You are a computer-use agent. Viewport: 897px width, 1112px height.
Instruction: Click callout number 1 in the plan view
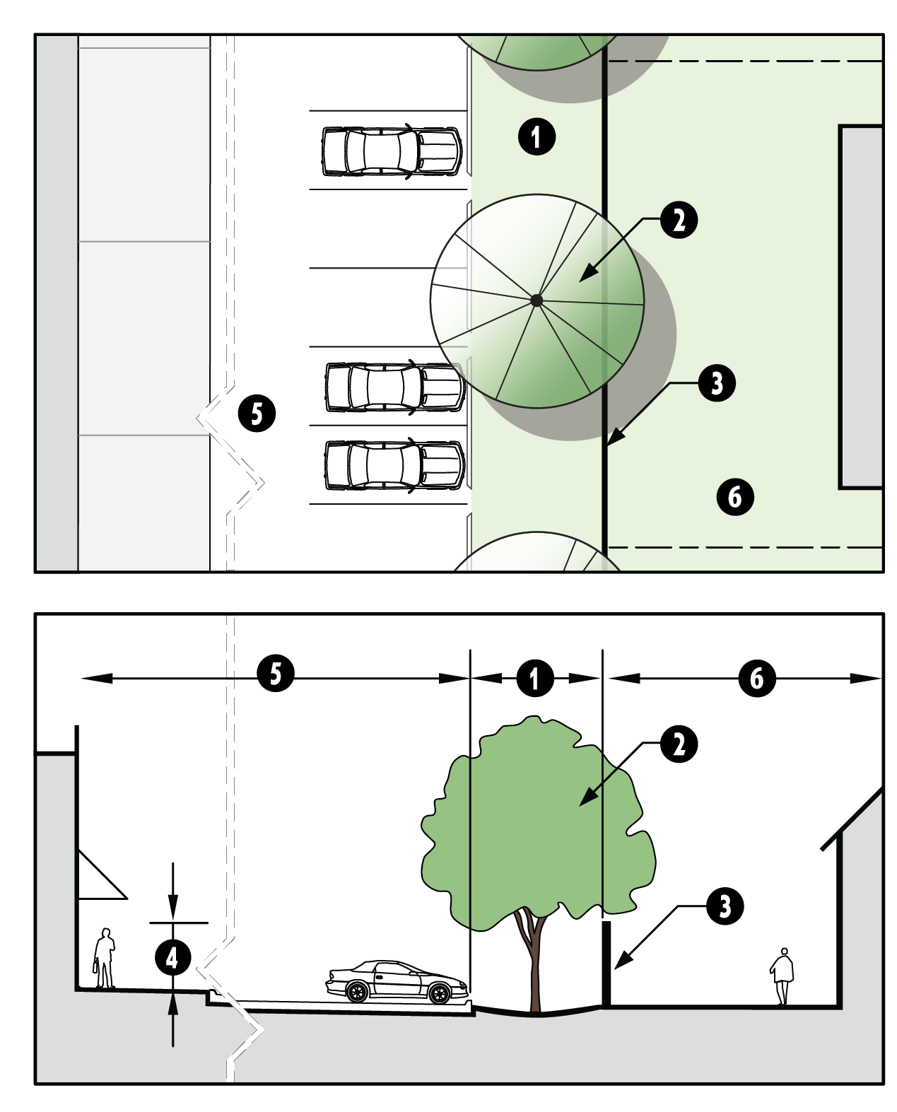[x=537, y=137]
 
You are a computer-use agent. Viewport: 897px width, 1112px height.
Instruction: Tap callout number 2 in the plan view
[x=679, y=220]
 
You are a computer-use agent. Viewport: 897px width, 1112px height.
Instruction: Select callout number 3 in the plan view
[x=717, y=383]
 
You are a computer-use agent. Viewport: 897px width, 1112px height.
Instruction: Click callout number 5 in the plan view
[x=257, y=414]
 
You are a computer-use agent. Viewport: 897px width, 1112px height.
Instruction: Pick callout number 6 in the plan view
[x=735, y=497]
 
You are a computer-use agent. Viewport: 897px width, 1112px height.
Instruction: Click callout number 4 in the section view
[x=173, y=957]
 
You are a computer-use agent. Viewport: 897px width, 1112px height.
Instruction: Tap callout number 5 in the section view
[x=276, y=674]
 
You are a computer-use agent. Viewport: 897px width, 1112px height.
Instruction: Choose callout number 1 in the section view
[x=535, y=679]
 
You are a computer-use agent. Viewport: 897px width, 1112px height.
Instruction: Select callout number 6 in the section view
[x=757, y=678]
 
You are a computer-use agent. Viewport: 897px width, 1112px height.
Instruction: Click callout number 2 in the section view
[x=679, y=744]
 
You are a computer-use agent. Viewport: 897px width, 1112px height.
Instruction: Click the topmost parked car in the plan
[x=391, y=151]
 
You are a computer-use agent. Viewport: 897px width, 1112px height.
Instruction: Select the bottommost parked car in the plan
[x=394, y=465]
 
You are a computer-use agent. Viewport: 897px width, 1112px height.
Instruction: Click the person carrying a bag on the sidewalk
[x=105, y=959]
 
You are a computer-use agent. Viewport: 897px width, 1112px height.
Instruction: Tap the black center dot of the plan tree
[x=537, y=300]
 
